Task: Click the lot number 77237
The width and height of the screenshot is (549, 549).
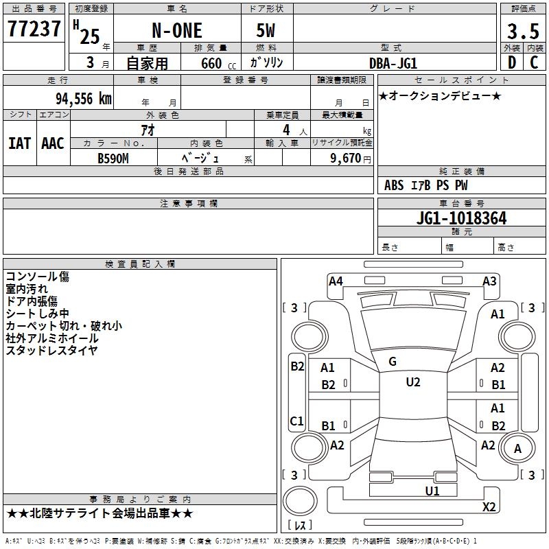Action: point(34,28)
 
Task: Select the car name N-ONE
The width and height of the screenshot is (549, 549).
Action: point(177,30)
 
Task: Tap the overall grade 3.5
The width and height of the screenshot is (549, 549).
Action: point(523,31)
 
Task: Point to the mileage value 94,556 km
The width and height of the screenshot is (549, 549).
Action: point(84,99)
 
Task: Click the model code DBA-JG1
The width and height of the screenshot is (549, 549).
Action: point(393,63)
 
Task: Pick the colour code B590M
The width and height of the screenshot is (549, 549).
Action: point(113,159)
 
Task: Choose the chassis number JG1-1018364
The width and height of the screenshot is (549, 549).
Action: point(461,218)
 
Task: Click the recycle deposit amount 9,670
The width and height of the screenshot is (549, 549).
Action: point(346,158)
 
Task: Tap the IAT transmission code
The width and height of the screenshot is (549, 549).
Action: point(20,143)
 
